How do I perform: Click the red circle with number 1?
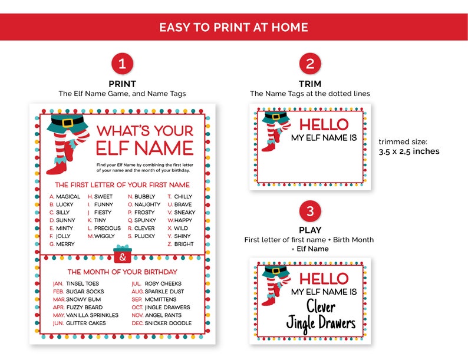pyautogui.click(x=122, y=64)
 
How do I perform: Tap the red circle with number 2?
pyautogui.click(x=310, y=64)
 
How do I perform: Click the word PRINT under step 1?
pyautogui.click(x=122, y=84)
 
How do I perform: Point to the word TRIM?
pyautogui.click(x=310, y=84)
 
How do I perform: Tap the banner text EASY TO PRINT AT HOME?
pyautogui.click(x=234, y=27)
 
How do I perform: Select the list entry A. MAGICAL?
pyautogui.click(x=65, y=197)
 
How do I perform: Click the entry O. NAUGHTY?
pyautogui.click(x=144, y=204)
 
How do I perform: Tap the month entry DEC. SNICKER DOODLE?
pyautogui.click(x=161, y=323)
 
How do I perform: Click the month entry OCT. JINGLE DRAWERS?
pyautogui.click(x=160, y=307)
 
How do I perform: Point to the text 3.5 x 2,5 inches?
pyautogui.click(x=408, y=151)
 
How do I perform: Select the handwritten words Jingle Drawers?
pyautogui.click(x=321, y=323)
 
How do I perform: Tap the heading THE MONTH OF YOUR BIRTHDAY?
pyautogui.click(x=122, y=272)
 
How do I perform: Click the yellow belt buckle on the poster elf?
pyautogui.click(x=68, y=123)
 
